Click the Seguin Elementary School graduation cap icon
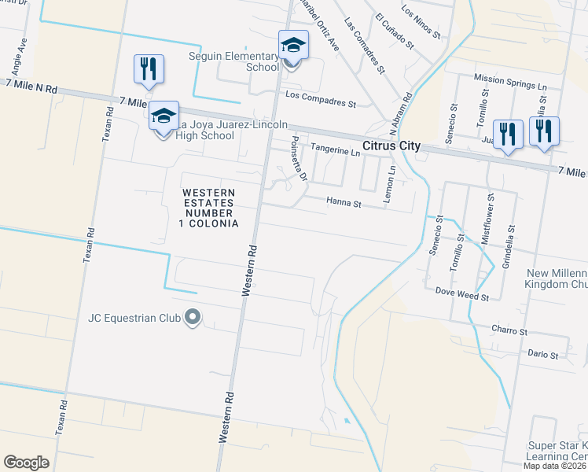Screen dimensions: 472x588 [293, 46]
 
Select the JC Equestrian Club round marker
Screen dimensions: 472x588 [193, 319]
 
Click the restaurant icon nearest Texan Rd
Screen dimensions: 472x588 [148, 68]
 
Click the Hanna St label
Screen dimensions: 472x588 [343, 203]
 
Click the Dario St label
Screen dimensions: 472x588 [542, 355]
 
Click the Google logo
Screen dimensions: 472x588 [26, 463]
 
